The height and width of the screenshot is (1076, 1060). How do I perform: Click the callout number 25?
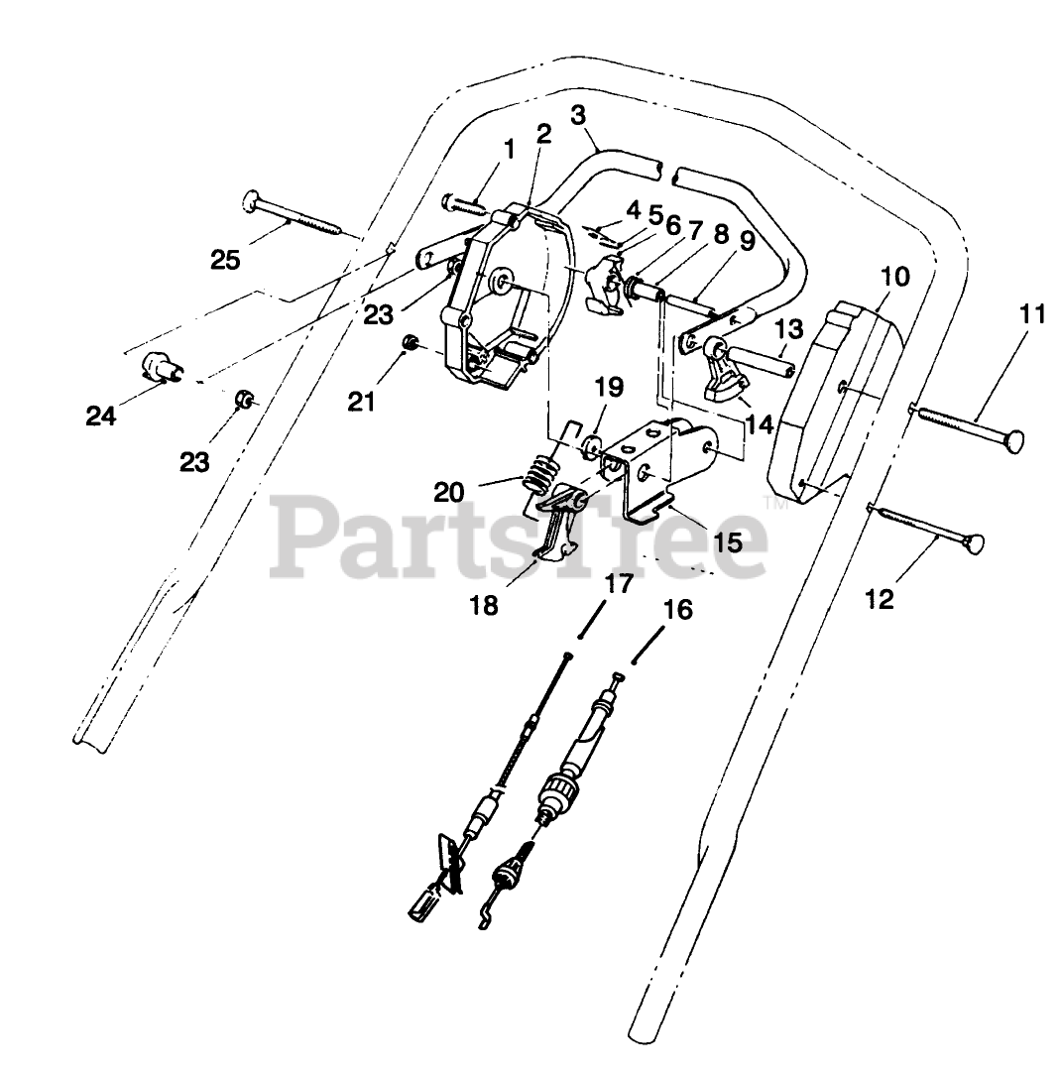coord(225,261)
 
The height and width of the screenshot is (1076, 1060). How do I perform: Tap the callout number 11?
coord(1032,315)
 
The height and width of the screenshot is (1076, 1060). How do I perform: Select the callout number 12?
coord(880,599)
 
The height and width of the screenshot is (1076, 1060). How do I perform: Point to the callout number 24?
coord(100,416)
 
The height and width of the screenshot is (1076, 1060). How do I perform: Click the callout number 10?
coord(894,277)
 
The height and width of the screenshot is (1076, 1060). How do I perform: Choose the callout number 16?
coord(678,610)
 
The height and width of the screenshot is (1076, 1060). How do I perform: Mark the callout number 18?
coord(484,605)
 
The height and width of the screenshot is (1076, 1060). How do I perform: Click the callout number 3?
coord(578,114)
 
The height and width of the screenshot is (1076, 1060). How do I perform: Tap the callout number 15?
coord(728,542)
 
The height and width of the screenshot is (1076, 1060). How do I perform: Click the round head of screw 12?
coord(977,543)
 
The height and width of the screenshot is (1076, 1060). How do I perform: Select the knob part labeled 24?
coord(159,366)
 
